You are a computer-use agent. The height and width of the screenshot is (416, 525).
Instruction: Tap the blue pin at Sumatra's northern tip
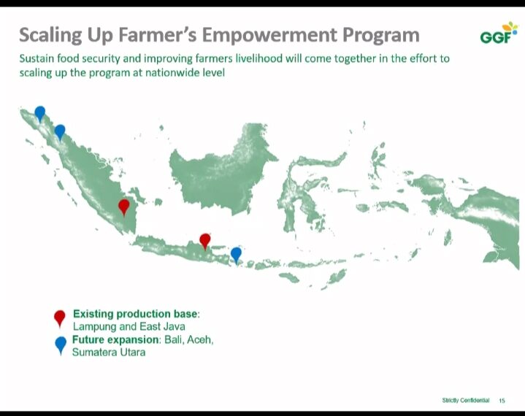40,113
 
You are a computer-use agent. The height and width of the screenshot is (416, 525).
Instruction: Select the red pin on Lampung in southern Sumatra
124,207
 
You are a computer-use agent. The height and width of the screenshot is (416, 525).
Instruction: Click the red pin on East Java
205,241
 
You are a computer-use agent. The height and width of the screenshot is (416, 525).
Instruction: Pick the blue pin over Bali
236,255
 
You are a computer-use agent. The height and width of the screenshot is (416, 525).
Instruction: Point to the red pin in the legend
60,317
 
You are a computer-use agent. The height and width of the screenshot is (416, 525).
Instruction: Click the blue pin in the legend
61,344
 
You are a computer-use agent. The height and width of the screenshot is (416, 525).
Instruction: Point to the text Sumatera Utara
109,353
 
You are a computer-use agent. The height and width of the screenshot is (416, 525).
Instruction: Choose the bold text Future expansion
115,339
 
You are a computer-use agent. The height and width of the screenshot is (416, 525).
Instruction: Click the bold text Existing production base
135,314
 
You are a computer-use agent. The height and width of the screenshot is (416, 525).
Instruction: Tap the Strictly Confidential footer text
465,400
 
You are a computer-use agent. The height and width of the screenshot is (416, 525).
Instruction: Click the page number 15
502,401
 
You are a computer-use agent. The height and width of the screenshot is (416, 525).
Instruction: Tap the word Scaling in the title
50,36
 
